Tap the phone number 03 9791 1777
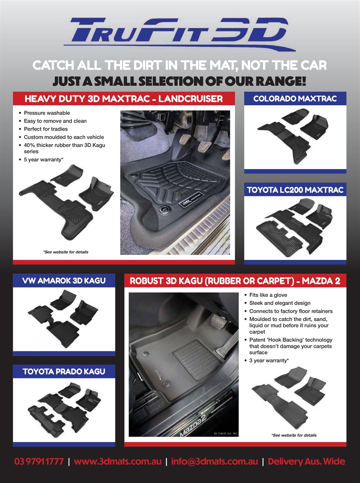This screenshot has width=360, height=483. pyautogui.click(x=39, y=461)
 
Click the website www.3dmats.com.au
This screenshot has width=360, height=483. pyautogui.click(x=118, y=461)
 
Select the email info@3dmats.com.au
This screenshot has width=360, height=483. pyautogui.click(x=215, y=461)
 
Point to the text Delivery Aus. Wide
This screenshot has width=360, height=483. pyautogui.click(x=306, y=461)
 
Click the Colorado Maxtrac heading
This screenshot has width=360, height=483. pyautogui.click(x=295, y=98)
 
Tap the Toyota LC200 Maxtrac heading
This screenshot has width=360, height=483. pyautogui.click(x=295, y=190)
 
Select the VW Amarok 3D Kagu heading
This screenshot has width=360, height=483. pyautogui.click(x=64, y=281)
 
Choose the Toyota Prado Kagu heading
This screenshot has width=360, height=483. pyautogui.click(x=64, y=372)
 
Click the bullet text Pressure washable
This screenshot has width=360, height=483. pyautogui.click(x=47, y=113)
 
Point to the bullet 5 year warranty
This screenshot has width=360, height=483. pyautogui.click(x=43, y=160)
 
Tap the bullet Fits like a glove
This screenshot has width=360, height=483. pyautogui.click(x=268, y=295)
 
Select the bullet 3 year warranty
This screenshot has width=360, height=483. pyautogui.click(x=269, y=360)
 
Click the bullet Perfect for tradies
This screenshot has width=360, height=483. pyautogui.click(x=46, y=129)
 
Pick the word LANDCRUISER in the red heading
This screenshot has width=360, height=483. pyautogui.click(x=191, y=99)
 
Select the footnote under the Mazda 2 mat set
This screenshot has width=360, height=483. pyautogui.click(x=294, y=435)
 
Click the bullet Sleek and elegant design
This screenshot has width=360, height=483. pyautogui.click(x=280, y=303)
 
